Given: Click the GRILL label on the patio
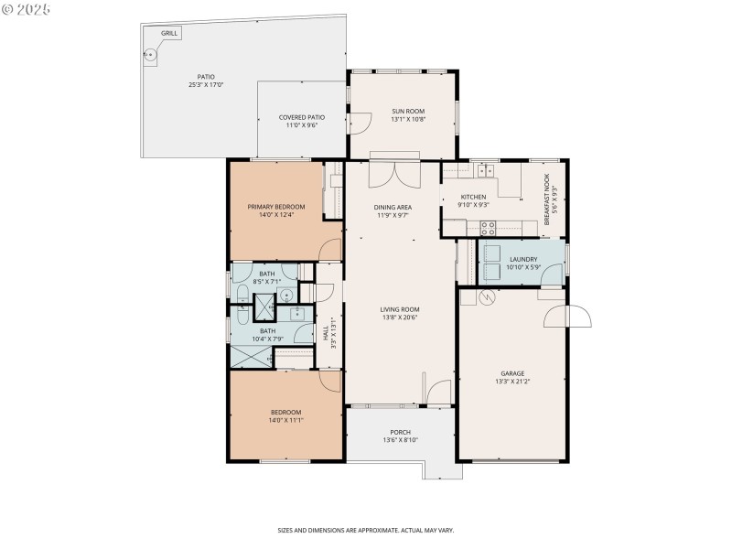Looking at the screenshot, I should (169, 33).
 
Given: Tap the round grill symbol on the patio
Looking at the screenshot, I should (151, 55).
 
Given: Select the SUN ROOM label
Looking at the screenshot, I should (408, 111).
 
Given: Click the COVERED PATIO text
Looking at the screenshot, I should (302, 117).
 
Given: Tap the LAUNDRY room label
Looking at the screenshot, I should (523, 259).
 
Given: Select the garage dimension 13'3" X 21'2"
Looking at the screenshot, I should (511, 382).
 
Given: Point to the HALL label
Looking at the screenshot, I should (326, 335).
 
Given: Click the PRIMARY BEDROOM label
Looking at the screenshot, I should (276, 207).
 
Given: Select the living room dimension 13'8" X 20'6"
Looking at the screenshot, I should (400, 318).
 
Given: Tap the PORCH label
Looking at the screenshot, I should (400, 432).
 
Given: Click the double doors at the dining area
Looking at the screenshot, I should (394, 173).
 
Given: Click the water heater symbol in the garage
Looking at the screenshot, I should (487, 297).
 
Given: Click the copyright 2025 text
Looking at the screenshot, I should (27, 8).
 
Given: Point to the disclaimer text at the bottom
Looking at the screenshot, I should (366, 530).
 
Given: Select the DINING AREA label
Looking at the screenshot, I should (393, 207).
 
